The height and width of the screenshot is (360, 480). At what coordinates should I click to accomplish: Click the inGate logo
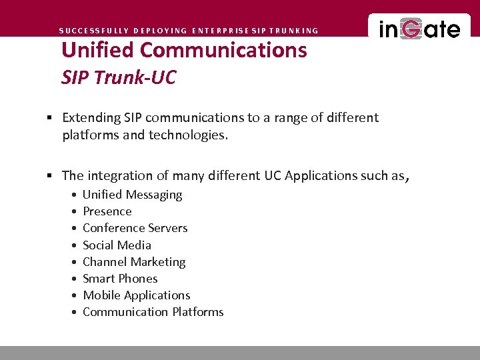coord(419,30)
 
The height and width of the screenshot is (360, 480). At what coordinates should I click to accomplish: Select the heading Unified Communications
coord(184,50)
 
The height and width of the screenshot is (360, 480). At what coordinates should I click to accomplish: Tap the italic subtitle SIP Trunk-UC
coord(119,77)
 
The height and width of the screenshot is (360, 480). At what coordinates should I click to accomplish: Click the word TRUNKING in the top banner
coord(293,31)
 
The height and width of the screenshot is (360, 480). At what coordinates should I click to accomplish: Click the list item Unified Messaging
coord(132,195)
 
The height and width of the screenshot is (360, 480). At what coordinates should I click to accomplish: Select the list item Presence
coord(107,211)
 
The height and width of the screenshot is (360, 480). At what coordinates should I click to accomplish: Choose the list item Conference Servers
coord(135,228)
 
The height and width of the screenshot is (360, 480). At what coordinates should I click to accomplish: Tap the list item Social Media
coord(117,245)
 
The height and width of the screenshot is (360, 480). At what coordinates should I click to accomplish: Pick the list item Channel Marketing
coord(134,262)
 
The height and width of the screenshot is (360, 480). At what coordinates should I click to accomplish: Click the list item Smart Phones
coord(120,279)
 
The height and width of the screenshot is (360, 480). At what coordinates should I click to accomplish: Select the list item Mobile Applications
coord(136,295)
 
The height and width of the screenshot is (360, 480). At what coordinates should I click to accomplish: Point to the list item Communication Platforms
coord(153,312)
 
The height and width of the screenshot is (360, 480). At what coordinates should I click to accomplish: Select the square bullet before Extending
coord(50,118)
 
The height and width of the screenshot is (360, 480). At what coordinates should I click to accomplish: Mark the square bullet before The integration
coord(50,176)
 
